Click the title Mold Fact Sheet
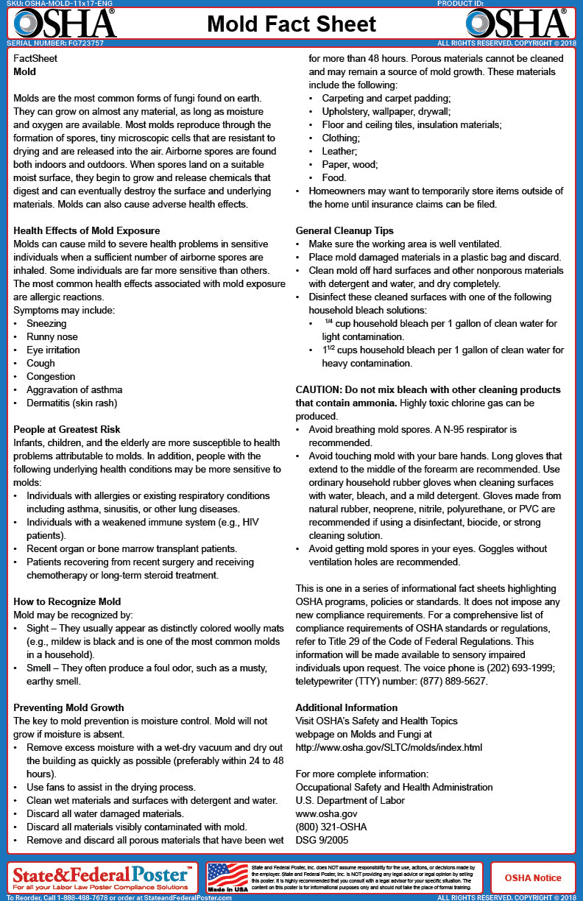coord(292,24)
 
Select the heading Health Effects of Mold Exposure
coord(87,230)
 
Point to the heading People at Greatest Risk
coord(67,429)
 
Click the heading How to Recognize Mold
coord(67,601)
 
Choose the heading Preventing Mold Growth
coord(68,707)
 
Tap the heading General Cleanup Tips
coord(344,230)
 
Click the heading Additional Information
coord(346,707)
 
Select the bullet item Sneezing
coord(46,323)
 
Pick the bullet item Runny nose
coord(52,336)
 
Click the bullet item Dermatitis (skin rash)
coord(71,403)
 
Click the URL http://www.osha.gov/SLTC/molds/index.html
coord(389,747)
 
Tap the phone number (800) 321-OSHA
coord(331,827)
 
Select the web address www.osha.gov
coord(326,813)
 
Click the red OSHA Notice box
coord(533,877)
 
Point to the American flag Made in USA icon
coord(227,877)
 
